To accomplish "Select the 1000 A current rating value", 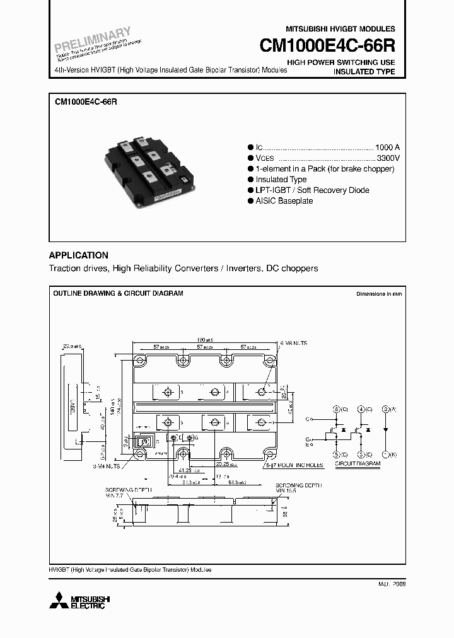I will coord(387,148).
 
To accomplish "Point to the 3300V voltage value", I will coord(388,158).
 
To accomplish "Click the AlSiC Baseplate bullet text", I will coord(284,201).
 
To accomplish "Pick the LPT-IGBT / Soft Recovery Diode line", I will coord(312,190).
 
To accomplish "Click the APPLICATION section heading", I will coord(79,255).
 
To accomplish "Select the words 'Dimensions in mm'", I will coord(378,294).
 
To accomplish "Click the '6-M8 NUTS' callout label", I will coord(293,343).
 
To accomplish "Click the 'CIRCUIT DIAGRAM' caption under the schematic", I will coord(358,465).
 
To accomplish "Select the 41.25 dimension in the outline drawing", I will coord(184,470).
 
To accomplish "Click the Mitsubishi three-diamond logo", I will coord(61,600).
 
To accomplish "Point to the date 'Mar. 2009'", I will coord(391,584).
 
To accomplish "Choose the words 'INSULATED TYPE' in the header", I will coord(364,72).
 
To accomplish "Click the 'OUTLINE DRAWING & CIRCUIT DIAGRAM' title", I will coord(118,294).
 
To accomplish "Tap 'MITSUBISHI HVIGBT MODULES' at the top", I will coord(340,29).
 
